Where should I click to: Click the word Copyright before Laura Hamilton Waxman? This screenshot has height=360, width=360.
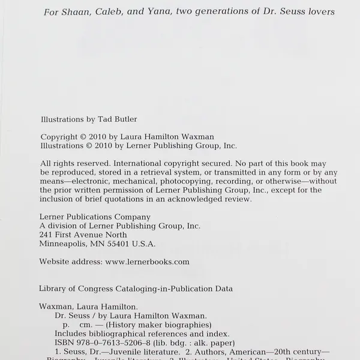pos(59,137)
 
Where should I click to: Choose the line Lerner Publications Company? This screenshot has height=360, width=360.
pos(95,217)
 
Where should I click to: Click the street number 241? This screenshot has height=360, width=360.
pos(46,235)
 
